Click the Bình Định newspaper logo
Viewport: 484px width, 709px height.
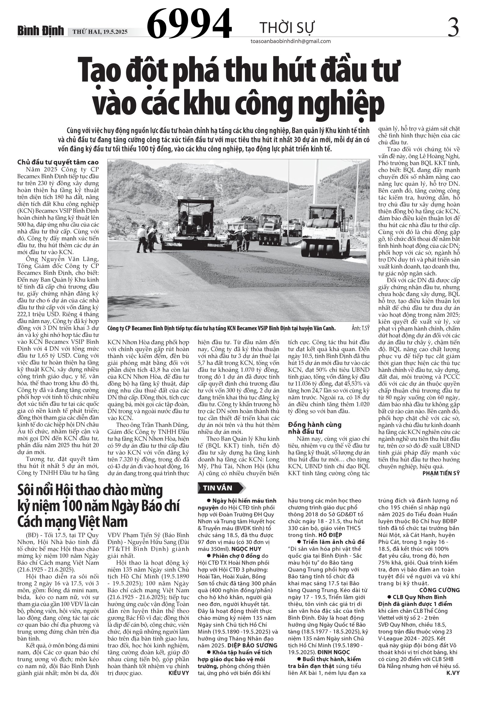pyautogui.click(x=40, y=31)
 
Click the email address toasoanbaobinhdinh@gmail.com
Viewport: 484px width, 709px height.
pyautogui.click(x=290, y=41)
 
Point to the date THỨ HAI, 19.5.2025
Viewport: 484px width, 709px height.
pyautogui.click(x=100, y=32)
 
